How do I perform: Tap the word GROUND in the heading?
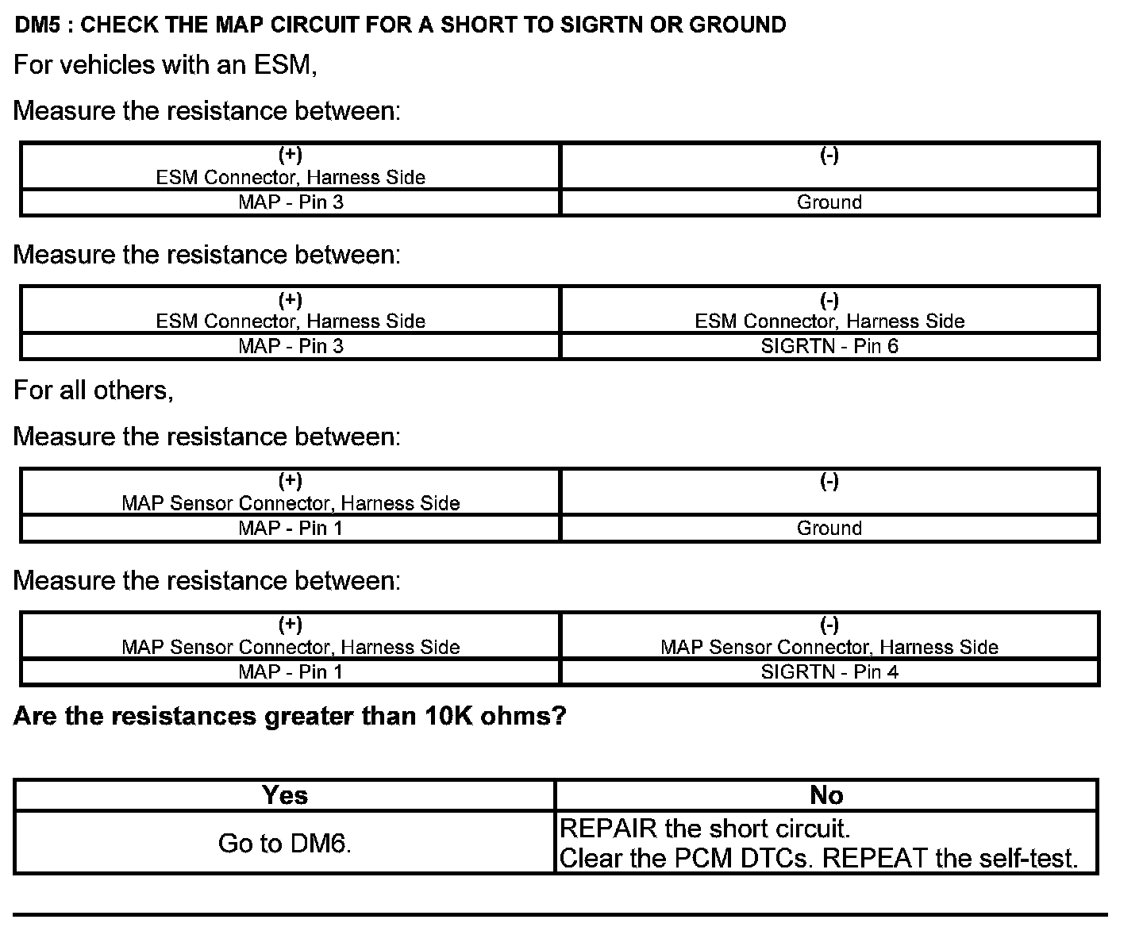point(737,25)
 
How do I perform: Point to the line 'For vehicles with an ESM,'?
point(165,64)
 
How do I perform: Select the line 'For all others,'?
point(93,390)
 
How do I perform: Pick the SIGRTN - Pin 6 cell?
point(829,346)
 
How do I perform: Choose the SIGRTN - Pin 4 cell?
point(829,672)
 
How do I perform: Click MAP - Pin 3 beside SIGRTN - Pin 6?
point(291,346)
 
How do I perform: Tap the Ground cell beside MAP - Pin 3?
point(829,202)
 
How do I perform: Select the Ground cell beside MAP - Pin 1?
point(829,529)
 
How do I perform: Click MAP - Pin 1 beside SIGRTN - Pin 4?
point(291,672)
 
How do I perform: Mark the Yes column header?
point(284,795)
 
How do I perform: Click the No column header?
point(826,795)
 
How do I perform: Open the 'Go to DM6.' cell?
point(284,843)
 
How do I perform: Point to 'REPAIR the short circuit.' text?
point(705,829)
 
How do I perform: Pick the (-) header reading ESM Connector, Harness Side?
point(829,311)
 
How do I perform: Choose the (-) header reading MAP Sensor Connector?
point(829,637)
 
